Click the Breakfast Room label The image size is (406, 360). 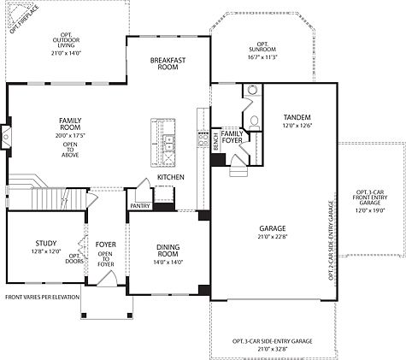(x=168, y=63)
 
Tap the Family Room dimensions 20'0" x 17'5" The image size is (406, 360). (x=70, y=135)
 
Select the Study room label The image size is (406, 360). (x=46, y=244)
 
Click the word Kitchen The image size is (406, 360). (x=171, y=177)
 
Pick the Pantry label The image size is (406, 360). (x=140, y=206)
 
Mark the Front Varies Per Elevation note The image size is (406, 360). (x=40, y=297)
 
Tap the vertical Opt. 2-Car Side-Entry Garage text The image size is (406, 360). (x=330, y=241)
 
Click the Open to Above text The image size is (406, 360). (x=70, y=150)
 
